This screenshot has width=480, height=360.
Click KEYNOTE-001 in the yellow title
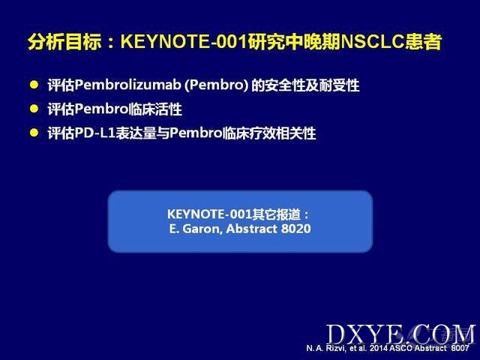coord(183,42)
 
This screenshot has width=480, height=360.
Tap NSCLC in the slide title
coord(372,42)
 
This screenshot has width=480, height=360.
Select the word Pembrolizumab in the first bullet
coord(127,85)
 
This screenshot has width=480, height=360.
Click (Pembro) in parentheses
coord(216,85)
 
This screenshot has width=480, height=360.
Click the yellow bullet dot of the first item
coord(34,85)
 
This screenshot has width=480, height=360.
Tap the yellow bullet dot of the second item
coord(34,108)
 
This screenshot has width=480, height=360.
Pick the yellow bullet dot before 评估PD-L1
coord(34,133)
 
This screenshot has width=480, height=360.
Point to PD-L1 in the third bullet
coord(94,133)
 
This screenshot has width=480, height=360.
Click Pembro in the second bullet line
coord(102,109)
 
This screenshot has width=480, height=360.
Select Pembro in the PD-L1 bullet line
coord(196,133)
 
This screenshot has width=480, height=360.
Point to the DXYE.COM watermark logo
coord(400,334)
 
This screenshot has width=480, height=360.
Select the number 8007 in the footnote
coord(460,348)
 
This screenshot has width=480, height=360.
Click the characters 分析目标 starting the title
coord(64,42)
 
